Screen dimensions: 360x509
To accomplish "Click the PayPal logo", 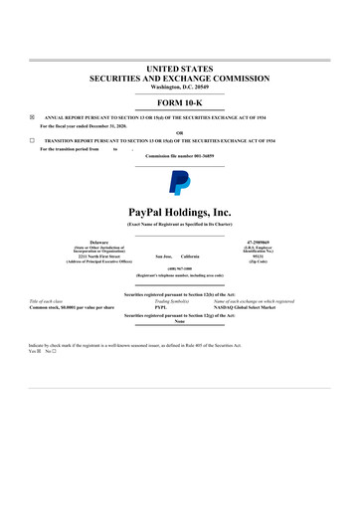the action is coord(180,181).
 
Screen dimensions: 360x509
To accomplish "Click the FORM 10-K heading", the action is coord(180,103).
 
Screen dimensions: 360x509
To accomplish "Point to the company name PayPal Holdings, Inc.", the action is coord(180,212).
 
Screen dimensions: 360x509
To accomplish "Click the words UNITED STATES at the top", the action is coord(180,67).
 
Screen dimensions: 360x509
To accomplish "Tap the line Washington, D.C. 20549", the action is coord(180,86).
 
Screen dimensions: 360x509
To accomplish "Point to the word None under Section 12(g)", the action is coord(180,321).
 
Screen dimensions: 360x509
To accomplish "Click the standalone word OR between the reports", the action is coord(180,133).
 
